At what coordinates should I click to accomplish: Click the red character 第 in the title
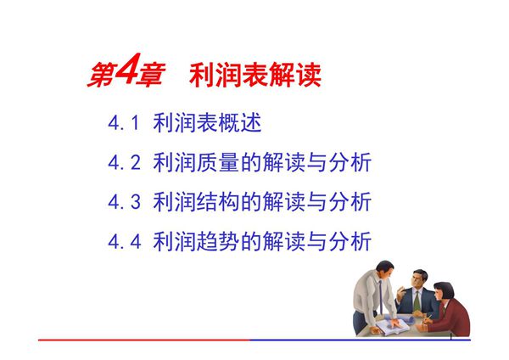[98, 76]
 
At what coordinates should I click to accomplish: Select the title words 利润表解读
[257, 76]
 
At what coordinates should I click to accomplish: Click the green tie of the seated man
[417, 298]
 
